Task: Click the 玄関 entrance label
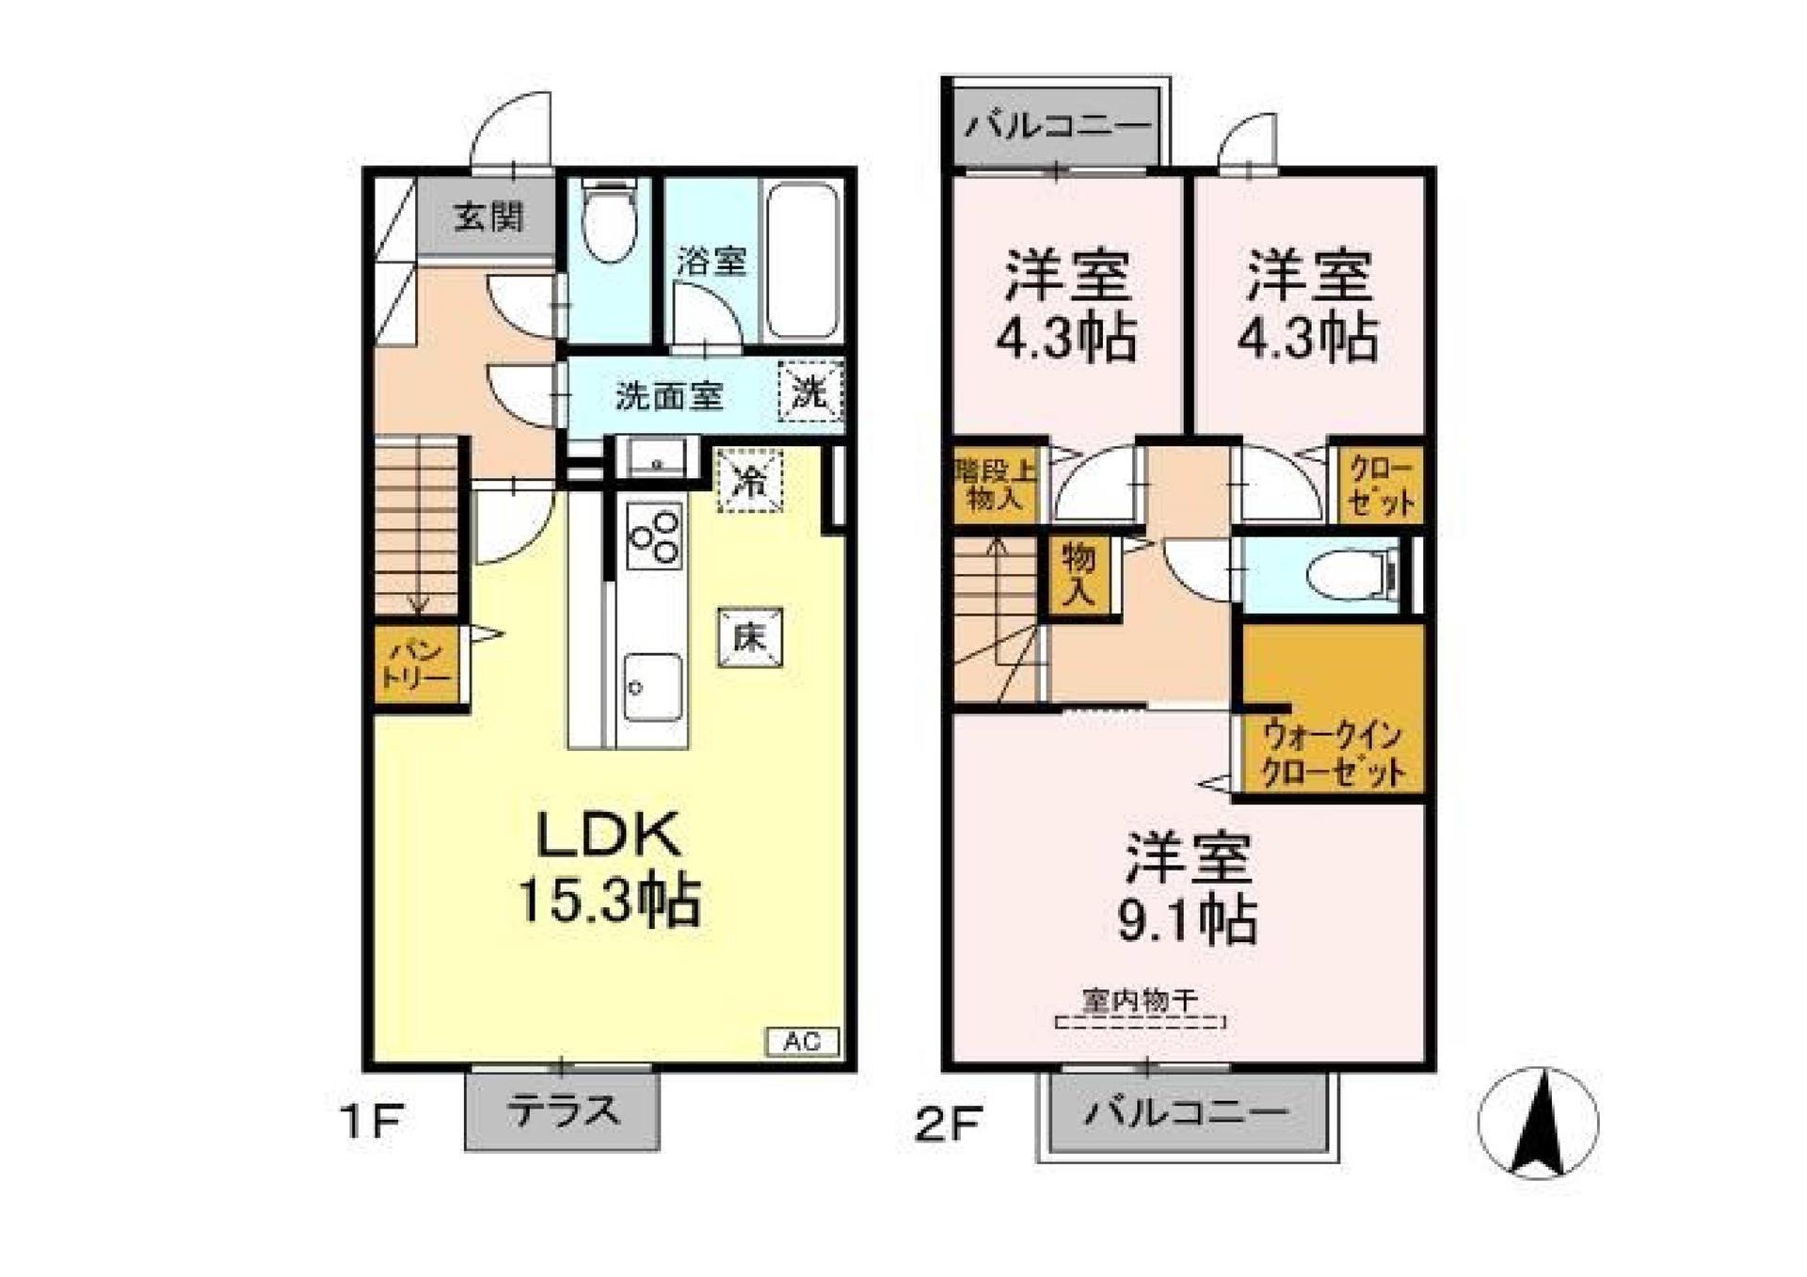(x=488, y=218)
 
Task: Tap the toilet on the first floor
(x=609, y=224)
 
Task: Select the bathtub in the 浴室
(x=801, y=261)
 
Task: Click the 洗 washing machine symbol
(x=809, y=391)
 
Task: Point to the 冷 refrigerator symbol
(x=750, y=481)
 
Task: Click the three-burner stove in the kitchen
(x=654, y=536)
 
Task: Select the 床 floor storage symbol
(x=749, y=637)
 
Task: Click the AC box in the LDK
(x=803, y=1042)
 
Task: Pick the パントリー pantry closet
(x=417, y=663)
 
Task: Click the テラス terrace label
(x=563, y=1111)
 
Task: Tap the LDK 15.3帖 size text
(x=609, y=902)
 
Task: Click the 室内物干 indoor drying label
(x=1140, y=1000)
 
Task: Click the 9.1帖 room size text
(x=1187, y=920)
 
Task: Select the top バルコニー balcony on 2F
(x=1056, y=125)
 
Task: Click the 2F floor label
(x=949, y=1124)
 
